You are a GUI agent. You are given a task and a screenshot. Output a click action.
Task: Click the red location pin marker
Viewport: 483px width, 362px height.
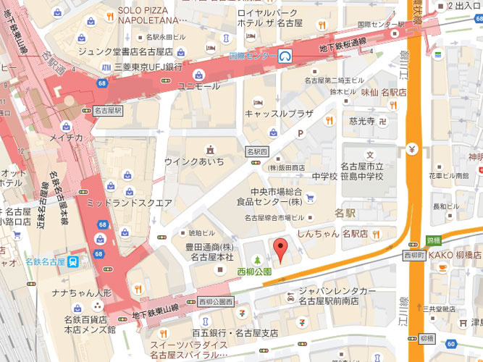280,251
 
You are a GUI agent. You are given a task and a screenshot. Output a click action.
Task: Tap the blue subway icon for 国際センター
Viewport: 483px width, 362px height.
286,56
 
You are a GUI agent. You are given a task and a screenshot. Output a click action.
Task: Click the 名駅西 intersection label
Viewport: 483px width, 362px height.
257,152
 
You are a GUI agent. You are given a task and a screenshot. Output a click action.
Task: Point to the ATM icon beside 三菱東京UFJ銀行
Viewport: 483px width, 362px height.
107,67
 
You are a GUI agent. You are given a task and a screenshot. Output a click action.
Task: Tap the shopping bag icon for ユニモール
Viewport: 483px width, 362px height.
198,73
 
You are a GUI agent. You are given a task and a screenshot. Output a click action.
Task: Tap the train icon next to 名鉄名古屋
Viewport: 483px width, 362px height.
73,261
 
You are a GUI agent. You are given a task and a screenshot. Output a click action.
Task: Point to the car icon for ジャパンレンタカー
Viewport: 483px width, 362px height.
290,299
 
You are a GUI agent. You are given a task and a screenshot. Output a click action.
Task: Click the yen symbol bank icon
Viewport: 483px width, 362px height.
411,151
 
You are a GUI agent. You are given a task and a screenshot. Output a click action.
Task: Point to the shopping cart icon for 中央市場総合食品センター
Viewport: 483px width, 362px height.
310,197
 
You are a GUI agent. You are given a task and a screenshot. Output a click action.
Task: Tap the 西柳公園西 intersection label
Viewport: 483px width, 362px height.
215,300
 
